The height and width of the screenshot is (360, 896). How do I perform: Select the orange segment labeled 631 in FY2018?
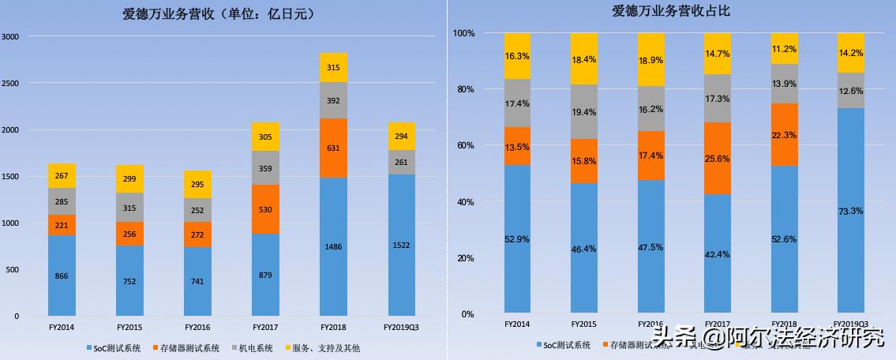(333, 148)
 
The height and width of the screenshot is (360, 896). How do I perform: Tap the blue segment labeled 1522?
(401, 245)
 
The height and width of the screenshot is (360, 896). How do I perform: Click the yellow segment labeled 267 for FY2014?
(62, 176)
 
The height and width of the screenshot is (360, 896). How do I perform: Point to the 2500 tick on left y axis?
(11, 83)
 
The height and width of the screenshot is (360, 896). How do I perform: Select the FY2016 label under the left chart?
(197, 327)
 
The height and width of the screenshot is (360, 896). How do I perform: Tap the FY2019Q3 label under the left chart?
(401, 327)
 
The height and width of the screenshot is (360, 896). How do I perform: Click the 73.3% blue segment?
(850, 211)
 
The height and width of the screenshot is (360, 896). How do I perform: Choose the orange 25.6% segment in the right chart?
(717, 158)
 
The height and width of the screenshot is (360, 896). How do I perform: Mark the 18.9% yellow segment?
(650, 60)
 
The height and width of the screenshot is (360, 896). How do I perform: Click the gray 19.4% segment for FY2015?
(584, 111)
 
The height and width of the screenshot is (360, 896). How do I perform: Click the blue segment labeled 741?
(197, 282)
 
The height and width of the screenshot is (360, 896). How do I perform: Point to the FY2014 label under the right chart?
(517, 324)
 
